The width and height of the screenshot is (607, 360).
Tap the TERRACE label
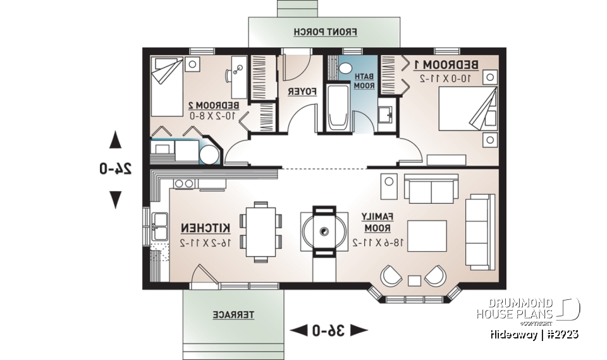coord(233,314)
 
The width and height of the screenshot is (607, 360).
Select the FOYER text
coord(302,92)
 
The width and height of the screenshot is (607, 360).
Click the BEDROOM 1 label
coord(446,65)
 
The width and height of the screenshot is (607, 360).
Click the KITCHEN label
coord(205,228)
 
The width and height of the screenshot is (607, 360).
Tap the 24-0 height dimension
coord(115,168)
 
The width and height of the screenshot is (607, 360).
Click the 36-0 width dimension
coord(328,330)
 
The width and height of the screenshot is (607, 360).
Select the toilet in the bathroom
coord(346,67)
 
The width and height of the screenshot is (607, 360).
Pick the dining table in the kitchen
coord(261,232)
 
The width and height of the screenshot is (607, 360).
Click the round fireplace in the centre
coord(324,232)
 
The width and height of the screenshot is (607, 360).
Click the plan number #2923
coord(561,333)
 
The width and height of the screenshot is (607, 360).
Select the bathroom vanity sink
coord(384,115)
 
